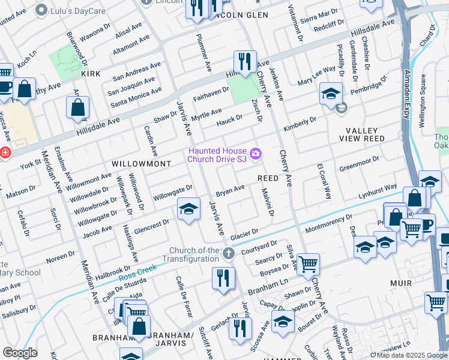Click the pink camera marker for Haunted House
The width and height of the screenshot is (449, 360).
point(256,155)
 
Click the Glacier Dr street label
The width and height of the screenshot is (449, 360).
point(244,233)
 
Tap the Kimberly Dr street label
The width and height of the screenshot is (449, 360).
point(300,122)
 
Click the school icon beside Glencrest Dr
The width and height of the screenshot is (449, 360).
point(188,209)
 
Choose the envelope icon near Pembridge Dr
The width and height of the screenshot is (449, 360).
point(342,109)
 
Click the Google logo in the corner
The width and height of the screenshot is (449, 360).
point(20,353)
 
